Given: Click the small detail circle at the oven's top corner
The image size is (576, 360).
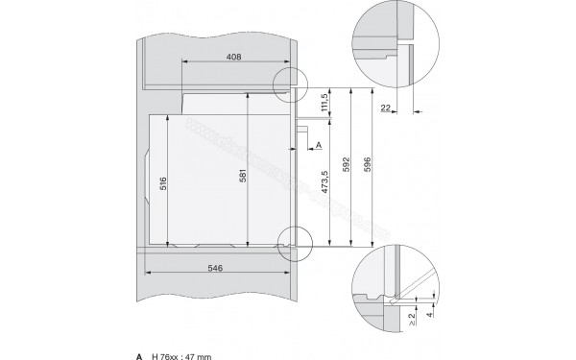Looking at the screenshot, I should (x=287, y=84).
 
